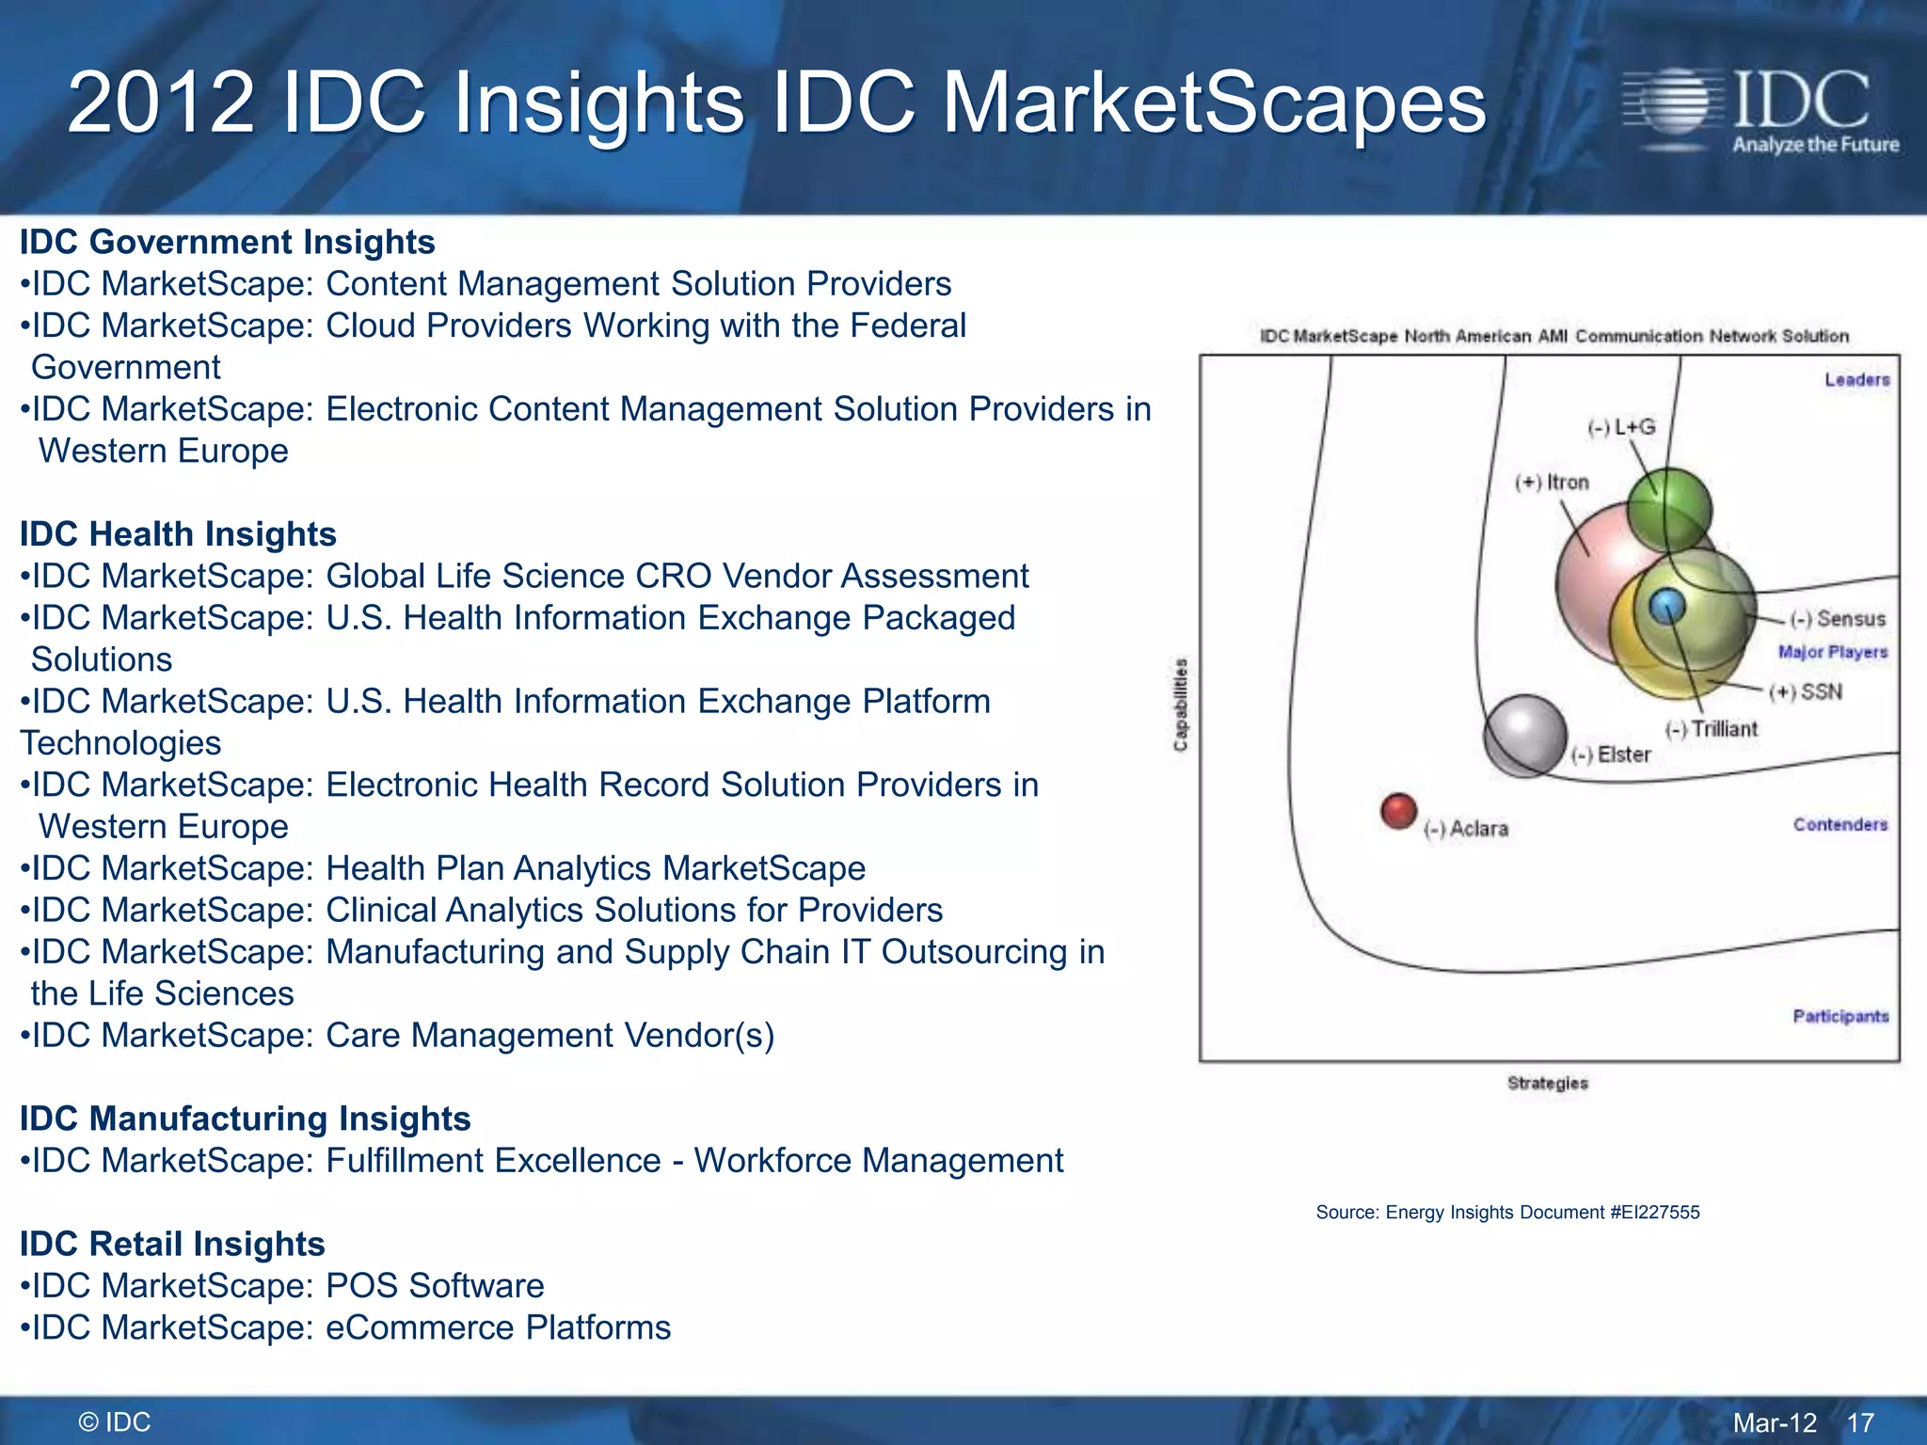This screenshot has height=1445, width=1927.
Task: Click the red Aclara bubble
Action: [x=1398, y=810]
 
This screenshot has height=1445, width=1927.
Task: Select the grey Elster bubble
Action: [x=1524, y=735]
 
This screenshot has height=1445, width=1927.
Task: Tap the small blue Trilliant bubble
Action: [x=1666, y=607]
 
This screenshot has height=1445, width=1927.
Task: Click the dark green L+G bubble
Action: [x=1669, y=509]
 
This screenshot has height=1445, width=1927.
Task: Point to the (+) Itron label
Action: [x=1552, y=483]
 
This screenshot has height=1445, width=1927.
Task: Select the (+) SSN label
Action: [x=1806, y=692]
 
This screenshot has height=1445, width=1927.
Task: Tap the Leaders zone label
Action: [x=1856, y=380]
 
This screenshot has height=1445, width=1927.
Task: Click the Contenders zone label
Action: [x=1839, y=825]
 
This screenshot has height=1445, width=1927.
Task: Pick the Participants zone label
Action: [x=1840, y=1016]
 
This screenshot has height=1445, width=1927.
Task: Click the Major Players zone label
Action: [x=1832, y=652]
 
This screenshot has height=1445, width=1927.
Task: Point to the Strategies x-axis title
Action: [x=1547, y=1084]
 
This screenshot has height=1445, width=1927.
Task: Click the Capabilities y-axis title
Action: [x=1181, y=705]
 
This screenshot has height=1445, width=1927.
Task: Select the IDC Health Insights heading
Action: [x=178, y=534]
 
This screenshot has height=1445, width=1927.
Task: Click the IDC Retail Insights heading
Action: [x=172, y=1244]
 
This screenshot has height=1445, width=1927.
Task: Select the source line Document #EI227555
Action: [x=1507, y=1213]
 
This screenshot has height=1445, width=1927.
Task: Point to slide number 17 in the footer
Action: [x=1860, y=1422]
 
